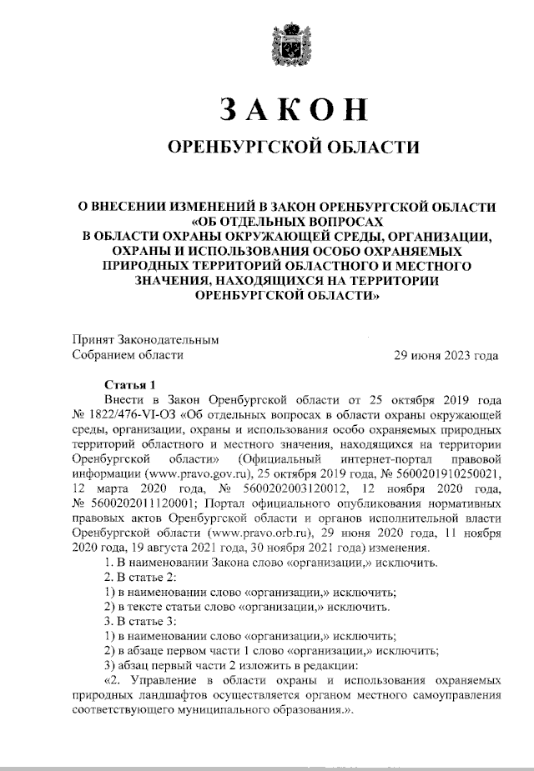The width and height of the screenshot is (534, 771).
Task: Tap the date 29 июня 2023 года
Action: [446, 355]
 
